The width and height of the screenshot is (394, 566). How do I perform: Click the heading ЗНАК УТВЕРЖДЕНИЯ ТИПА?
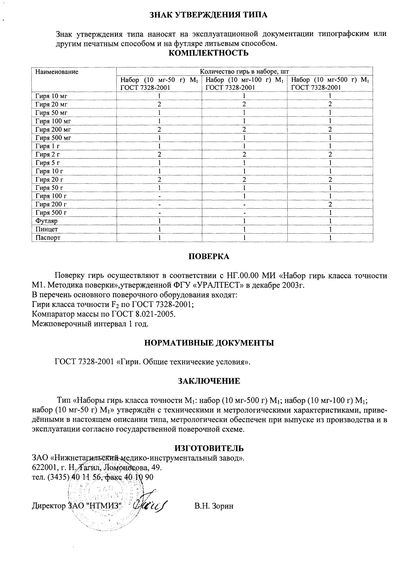point(209,15)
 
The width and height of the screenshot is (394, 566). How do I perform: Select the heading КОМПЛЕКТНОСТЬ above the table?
point(209,53)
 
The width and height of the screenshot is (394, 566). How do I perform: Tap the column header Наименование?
point(57,72)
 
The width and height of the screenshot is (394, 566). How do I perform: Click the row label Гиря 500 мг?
point(53,138)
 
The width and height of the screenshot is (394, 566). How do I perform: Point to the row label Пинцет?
point(47,229)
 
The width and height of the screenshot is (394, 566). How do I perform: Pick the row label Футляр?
point(46,221)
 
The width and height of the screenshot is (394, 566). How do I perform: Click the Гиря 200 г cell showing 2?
point(330,204)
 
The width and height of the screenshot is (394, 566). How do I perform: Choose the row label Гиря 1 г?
point(48,146)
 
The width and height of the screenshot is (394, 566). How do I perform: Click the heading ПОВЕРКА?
point(209,257)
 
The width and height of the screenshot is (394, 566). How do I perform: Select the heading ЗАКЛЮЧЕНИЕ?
point(209,381)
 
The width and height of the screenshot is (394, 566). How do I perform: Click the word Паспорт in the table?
point(48,238)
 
